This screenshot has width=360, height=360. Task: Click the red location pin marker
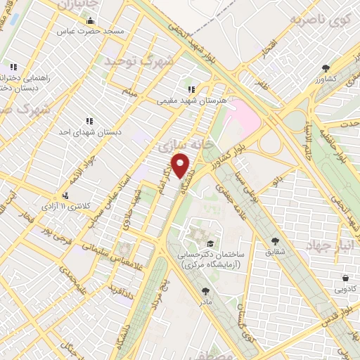coord(181,165)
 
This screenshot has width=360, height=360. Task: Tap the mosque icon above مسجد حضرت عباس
coord(90,21)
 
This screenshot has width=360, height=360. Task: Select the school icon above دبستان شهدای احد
coord(89,120)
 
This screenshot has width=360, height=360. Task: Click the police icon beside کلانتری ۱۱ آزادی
coord(65,195)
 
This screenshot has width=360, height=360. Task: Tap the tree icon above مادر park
coord(205,290)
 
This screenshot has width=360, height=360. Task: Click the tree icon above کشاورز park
coord(325,68)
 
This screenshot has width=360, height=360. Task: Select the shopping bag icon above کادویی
coord(345,278)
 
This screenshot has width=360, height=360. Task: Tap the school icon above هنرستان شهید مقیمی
coord(191,89)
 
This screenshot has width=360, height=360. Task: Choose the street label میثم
coord(130,90)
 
